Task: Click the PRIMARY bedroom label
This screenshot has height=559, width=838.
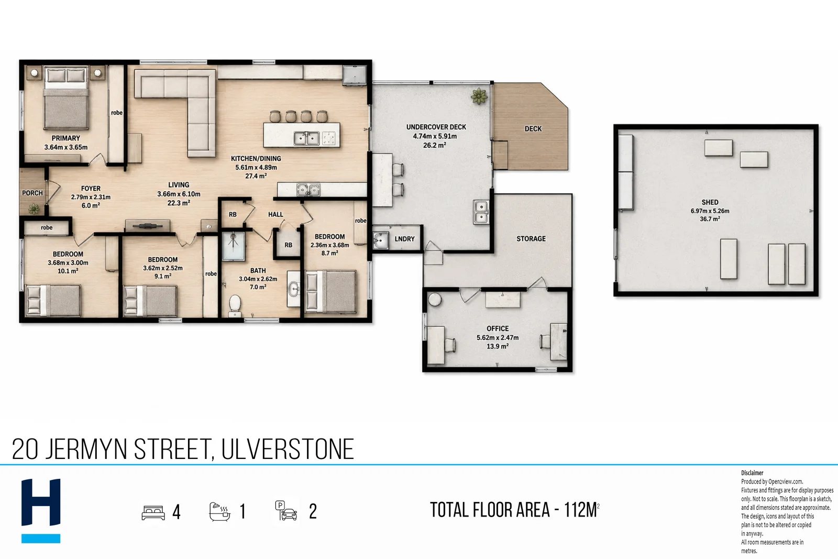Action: click(x=66, y=138)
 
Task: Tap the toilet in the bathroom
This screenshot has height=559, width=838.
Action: click(x=235, y=304)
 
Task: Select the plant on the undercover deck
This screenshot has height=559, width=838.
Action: click(x=479, y=96)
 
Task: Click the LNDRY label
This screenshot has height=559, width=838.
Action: click(x=404, y=239)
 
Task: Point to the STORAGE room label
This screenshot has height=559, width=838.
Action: click(x=531, y=239)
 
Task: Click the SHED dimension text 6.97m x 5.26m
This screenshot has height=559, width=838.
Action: click(x=710, y=211)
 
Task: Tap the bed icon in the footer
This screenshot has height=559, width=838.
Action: click(x=153, y=512)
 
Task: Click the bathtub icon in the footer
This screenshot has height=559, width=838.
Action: click(x=219, y=511)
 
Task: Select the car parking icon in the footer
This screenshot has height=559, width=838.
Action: click(x=286, y=511)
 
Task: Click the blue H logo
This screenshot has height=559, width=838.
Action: click(x=41, y=510)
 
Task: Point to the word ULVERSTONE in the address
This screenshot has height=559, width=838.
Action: click(x=288, y=449)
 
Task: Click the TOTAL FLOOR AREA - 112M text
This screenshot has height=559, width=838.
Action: click(x=514, y=510)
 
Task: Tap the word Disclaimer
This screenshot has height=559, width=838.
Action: click(x=752, y=473)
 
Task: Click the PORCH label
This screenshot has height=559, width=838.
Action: click(x=32, y=193)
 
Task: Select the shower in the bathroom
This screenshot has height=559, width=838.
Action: click(x=234, y=246)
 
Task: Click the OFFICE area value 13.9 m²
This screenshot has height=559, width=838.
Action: click(x=497, y=346)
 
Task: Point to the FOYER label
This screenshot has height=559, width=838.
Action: click(x=91, y=189)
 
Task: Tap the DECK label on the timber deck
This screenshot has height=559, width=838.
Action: click(x=533, y=129)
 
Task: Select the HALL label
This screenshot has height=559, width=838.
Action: click(x=275, y=214)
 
